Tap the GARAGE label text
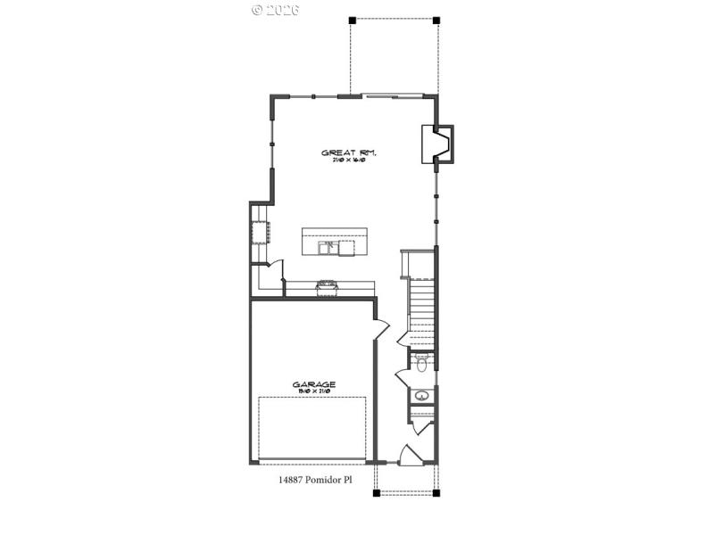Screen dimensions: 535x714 tap(314, 384)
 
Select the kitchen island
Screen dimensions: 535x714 tap(334, 242)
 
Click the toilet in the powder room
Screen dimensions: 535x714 tap(422, 362)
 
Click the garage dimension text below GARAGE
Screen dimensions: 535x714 tap(314, 392)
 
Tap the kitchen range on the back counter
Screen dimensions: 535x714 tap(325, 285)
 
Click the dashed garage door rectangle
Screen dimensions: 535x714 tap(312, 428)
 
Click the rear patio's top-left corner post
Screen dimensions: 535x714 tap(352, 19)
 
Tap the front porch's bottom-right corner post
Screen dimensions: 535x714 tap(437, 492)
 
